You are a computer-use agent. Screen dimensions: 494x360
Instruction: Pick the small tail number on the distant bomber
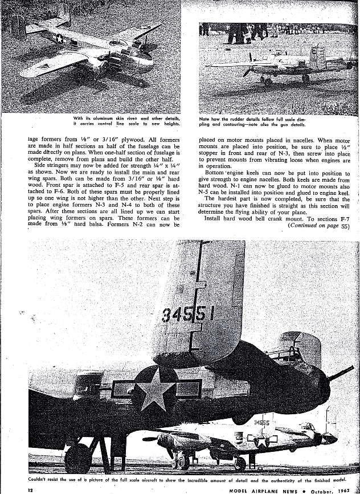(261, 423)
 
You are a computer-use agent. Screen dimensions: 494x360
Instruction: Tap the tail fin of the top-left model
(17, 23)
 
